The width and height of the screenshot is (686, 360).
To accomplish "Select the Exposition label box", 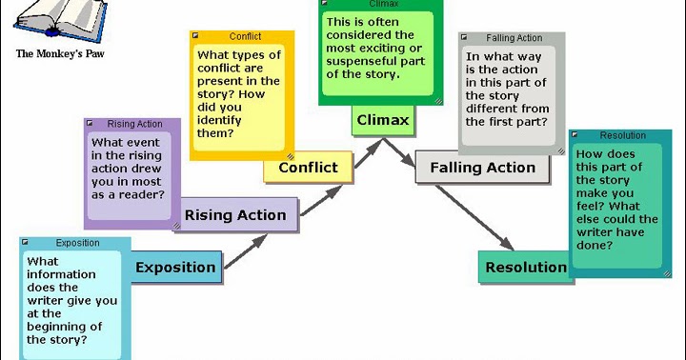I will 175,268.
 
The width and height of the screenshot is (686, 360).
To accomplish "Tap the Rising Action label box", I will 234,215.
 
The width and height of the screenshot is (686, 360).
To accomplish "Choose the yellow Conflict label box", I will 307,168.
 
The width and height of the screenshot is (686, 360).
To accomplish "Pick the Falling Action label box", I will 482,168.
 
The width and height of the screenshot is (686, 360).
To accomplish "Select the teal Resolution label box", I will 526,268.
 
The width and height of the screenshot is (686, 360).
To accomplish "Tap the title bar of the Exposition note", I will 76,243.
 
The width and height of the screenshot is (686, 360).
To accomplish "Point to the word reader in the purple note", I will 141,194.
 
